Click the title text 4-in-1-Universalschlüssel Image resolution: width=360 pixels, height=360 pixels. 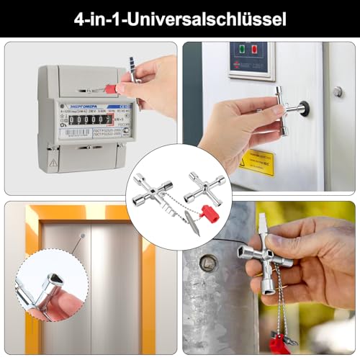179,17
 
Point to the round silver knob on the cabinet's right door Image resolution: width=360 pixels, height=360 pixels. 337,91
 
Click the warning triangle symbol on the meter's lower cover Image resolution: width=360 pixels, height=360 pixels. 53,163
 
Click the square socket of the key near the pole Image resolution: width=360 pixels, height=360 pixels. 241,253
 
